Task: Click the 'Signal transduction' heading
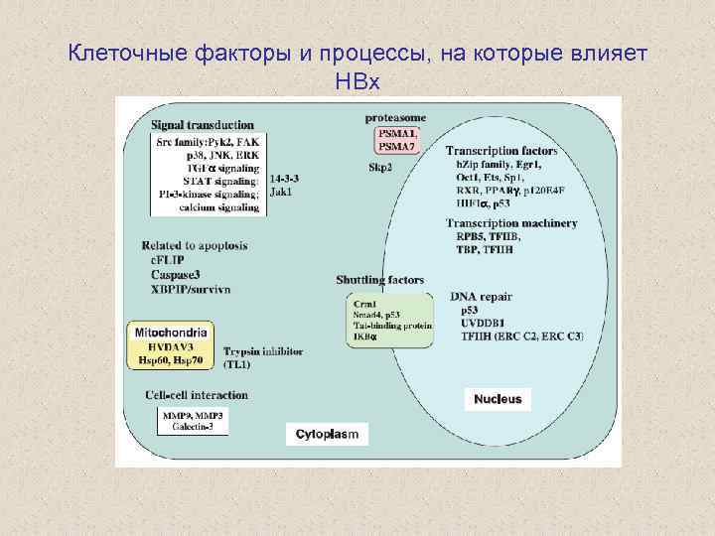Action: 202,125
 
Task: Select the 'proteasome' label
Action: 396,118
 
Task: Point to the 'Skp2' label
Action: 380,167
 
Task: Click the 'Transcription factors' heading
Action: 501,151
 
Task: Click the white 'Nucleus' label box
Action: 498,399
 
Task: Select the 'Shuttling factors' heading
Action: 380,281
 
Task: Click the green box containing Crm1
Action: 390,319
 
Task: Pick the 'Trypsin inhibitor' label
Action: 263,352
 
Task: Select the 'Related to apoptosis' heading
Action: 194,244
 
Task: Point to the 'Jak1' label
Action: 281,192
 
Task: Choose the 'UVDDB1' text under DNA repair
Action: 483,323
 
